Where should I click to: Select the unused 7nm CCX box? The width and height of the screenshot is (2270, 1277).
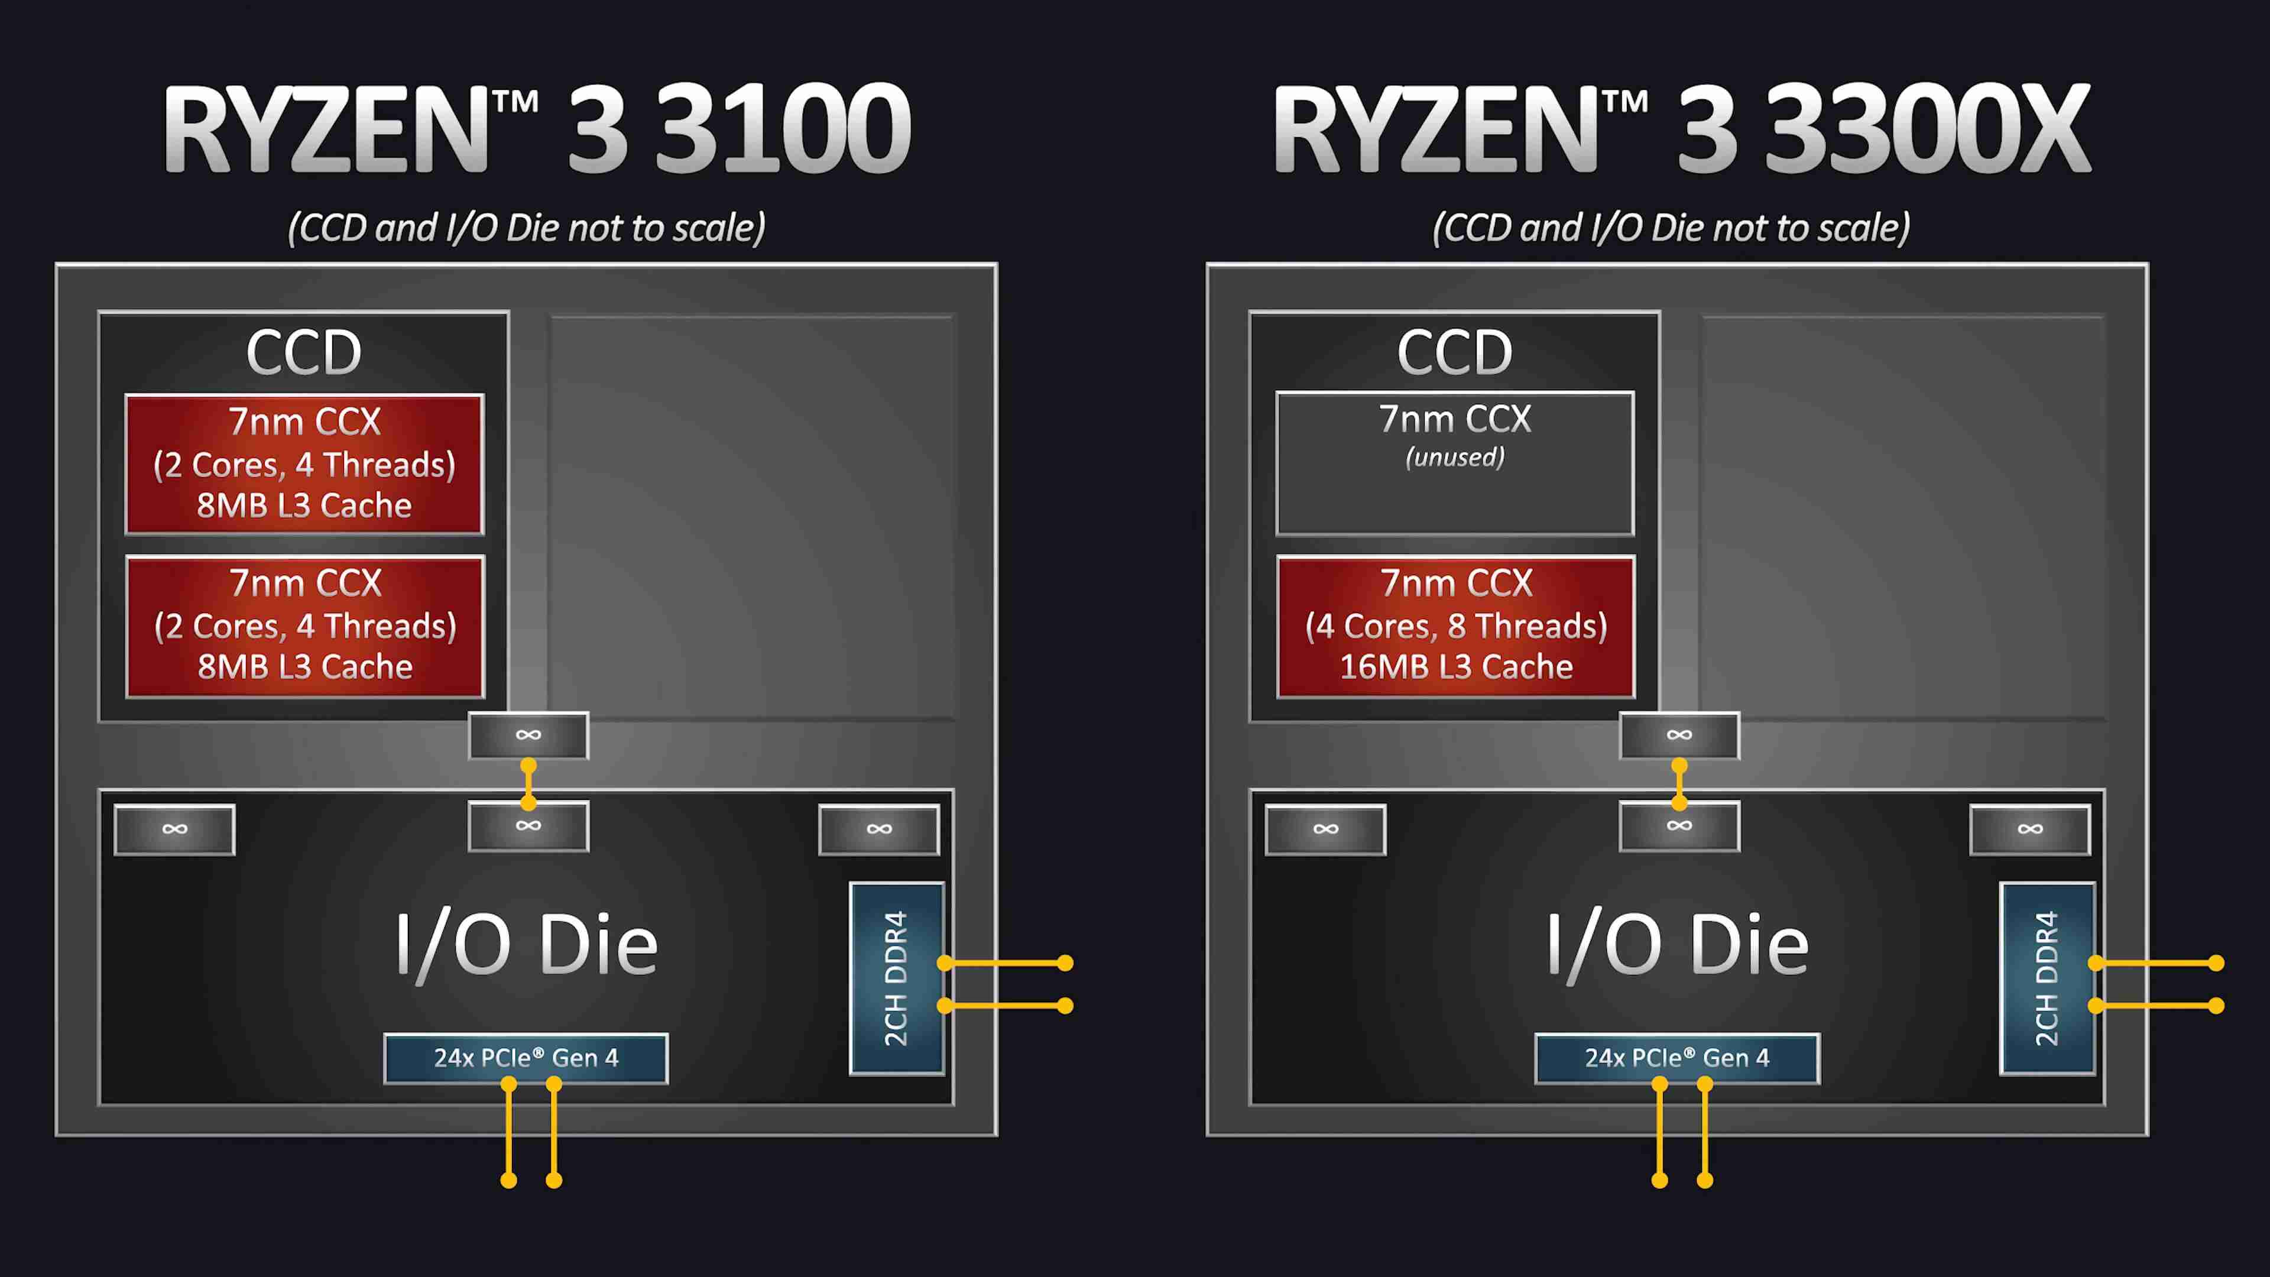[1455, 464]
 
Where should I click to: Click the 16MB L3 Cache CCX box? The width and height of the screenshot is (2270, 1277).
[1456, 627]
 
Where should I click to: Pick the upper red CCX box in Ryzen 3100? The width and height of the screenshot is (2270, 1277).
[304, 464]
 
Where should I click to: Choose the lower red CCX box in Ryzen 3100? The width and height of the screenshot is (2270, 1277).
[305, 627]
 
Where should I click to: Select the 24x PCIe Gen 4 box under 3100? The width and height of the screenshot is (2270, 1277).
[526, 1058]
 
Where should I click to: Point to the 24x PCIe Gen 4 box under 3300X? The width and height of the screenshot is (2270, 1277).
[1677, 1058]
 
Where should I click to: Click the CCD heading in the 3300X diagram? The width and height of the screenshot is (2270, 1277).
[1455, 352]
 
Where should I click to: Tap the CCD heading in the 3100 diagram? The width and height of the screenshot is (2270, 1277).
[304, 352]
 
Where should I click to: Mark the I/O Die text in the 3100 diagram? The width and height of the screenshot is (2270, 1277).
[526, 946]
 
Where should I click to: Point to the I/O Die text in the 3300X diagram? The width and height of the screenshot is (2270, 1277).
[1677, 946]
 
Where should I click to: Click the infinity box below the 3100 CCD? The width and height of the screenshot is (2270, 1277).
[528, 735]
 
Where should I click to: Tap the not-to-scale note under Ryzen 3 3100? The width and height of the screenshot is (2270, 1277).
[526, 228]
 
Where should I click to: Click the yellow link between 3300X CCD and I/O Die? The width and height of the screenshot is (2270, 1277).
[1679, 785]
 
